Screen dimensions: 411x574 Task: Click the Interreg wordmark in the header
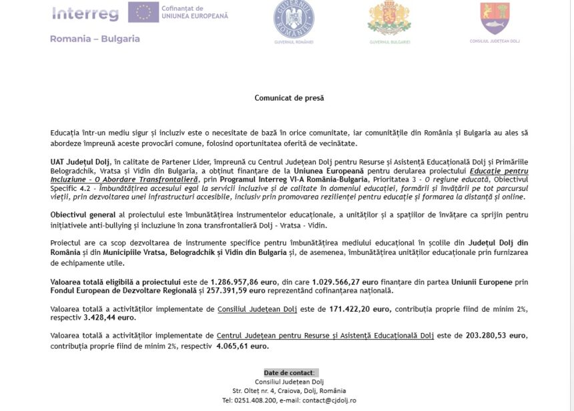click(85, 13)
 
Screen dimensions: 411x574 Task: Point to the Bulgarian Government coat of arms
click(389, 19)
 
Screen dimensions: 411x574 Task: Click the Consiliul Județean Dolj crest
click(495, 18)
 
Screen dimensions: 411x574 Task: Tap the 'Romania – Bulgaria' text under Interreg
click(95, 39)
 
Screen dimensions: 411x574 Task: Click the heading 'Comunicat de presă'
click(289, 97)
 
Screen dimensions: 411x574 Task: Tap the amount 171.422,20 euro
click(360, 310)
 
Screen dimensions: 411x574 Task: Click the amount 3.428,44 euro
click(108, 318)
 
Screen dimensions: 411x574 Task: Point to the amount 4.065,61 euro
click(242, 346)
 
